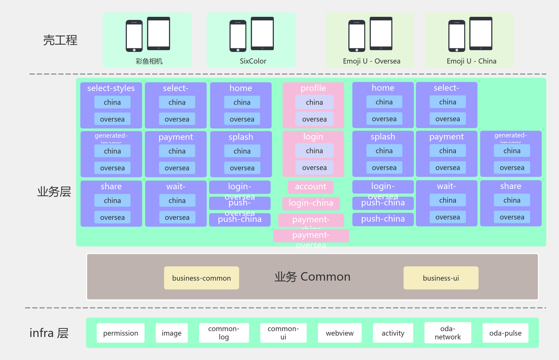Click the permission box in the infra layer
[121, 333]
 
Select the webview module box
[339, 333]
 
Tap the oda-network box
[448, 333]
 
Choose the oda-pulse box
[505, 333]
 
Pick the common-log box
[224, 333]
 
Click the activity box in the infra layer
[393, 333]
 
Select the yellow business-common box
[201, 278]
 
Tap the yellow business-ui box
[441, 278]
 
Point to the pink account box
[311, 187]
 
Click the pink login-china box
[311, 203]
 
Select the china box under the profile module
[314, 102]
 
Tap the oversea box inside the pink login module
[314, 168]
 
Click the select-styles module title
[111, 88]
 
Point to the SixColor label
[253, 61]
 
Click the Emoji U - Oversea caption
[371, 61]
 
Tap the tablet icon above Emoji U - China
[481, 33]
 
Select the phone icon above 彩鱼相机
[134, 36]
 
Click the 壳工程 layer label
[60, 40]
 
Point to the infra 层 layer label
[49, 333]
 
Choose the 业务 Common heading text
[312, 277]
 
